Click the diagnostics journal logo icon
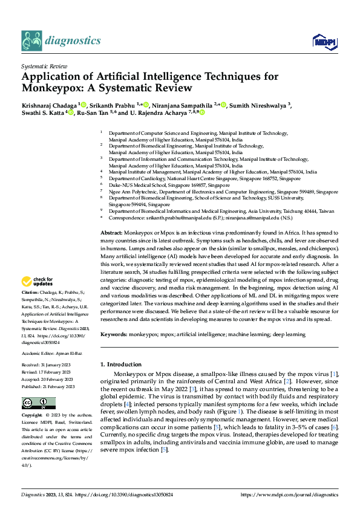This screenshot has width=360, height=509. (31, 41)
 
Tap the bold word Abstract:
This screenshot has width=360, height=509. (111, 233)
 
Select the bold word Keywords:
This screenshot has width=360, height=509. (114, 334)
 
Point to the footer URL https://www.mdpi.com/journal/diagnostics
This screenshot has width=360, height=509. (289, 494)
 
